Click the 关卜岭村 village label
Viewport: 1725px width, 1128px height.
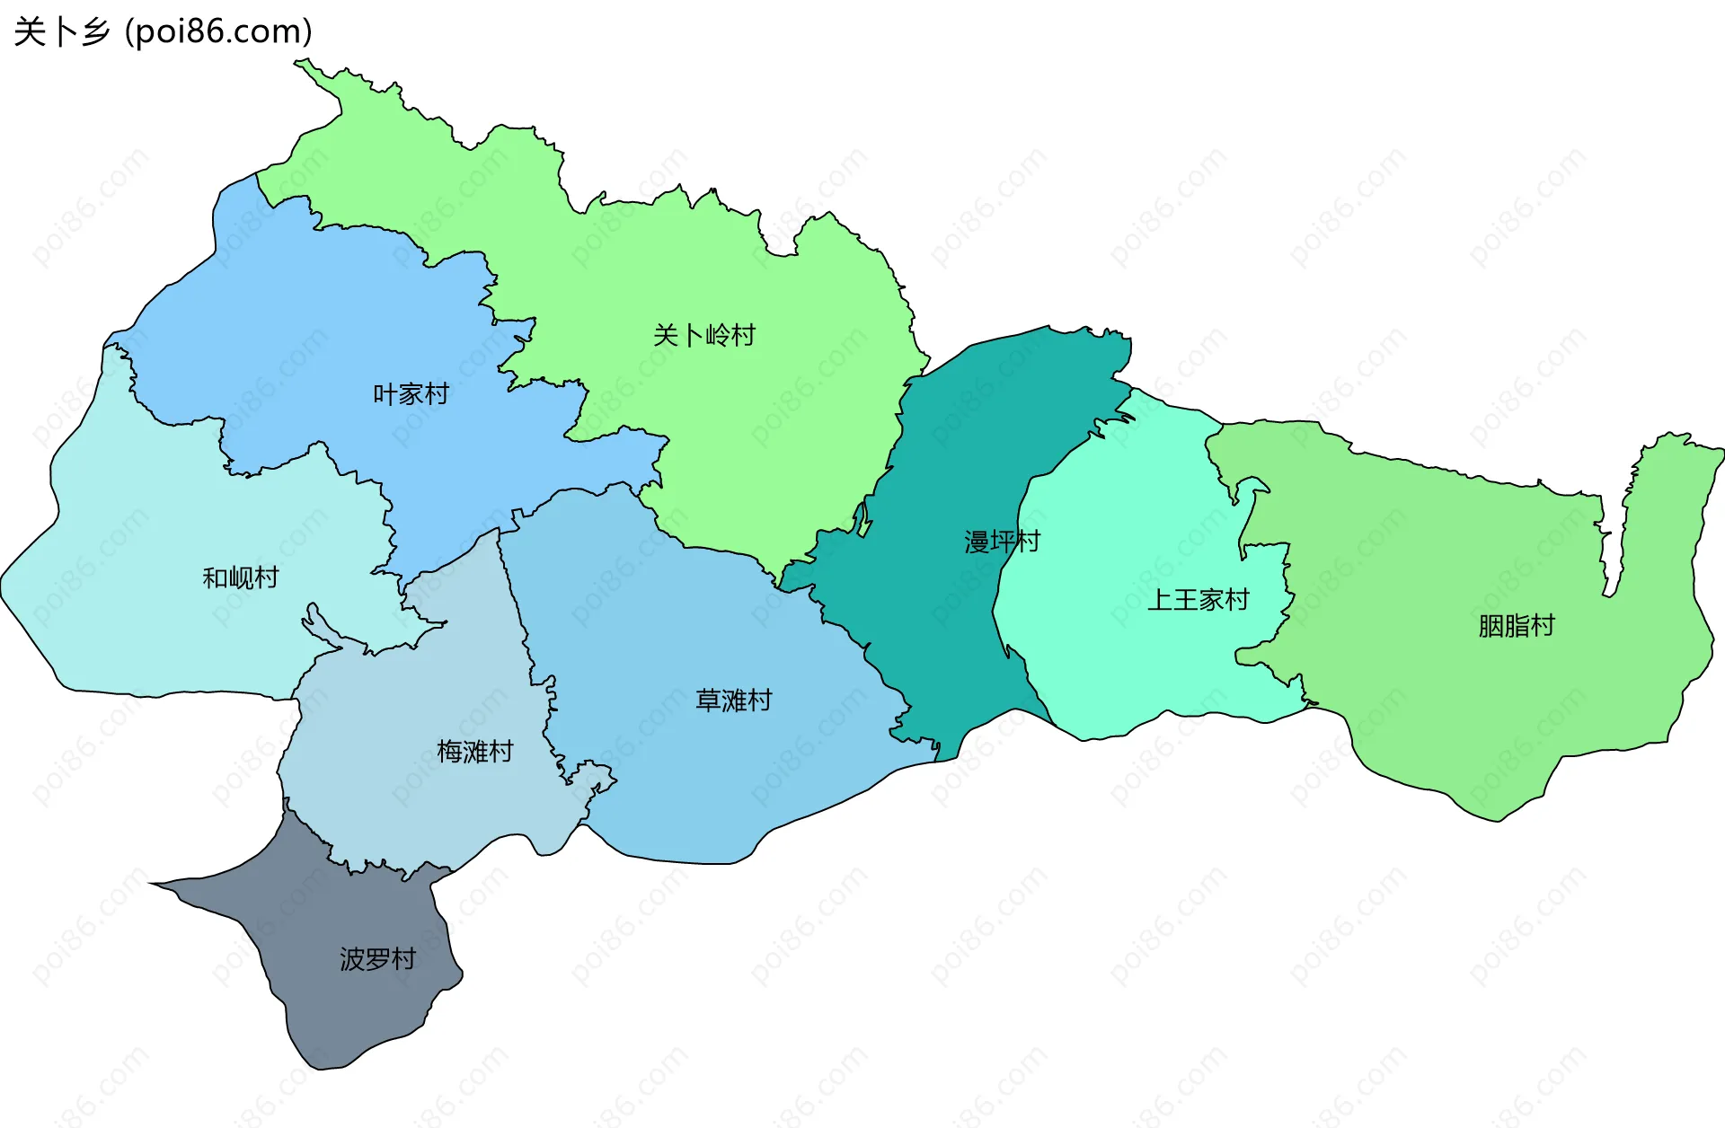(x=704, y=336)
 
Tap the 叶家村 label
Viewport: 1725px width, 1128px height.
(x=411, y=394)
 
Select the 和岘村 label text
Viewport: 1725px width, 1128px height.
(x=241, y=577)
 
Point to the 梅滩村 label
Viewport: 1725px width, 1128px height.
(x=474, y=751)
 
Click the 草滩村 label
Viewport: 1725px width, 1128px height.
(x=733, y=701)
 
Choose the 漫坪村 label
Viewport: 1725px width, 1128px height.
(x=1002, y=542)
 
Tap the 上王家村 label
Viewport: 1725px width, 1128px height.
(x=1198, y=600)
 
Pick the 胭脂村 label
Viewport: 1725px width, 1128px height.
(x=1517, y=626)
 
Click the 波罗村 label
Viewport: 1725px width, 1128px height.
(x=377, y=959)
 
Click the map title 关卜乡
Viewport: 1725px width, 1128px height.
(x=61, y=32)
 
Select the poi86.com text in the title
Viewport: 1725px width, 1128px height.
(x=218, y=32)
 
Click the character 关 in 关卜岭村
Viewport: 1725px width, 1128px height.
(x=666, y=336)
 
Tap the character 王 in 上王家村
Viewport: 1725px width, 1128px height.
(x=1185, y=600)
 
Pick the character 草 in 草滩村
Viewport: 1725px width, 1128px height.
(x=708, y=701)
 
